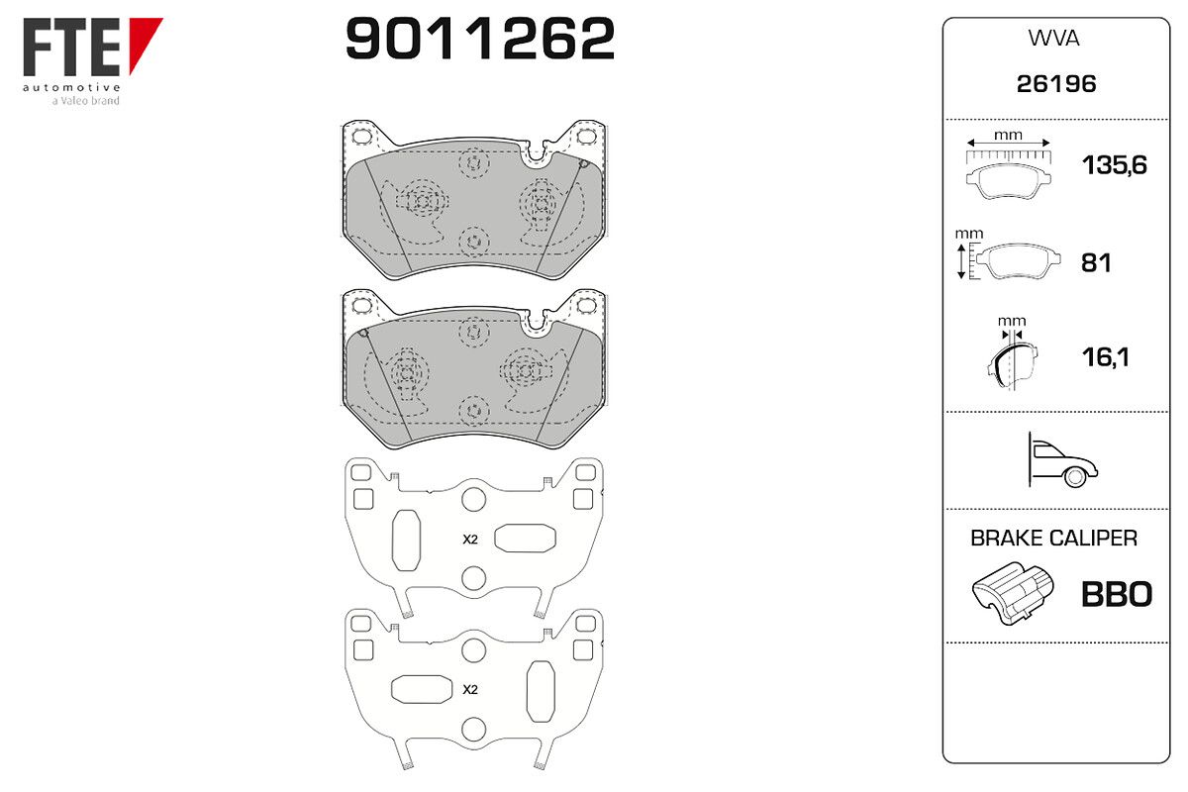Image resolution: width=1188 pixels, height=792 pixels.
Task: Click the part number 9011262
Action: pyautogui.click(x=480, y=39)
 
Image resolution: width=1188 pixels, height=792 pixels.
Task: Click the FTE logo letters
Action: pyautogui.click(x=71, y=47)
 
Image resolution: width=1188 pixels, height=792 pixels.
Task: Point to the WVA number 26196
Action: pyautogui.click(x=1056, y=84)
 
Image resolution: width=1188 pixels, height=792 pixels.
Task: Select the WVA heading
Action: pyautogui.click(x=1053, y=39)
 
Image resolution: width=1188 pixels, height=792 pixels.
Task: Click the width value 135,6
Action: pyautogui.click(x=1115, y=165)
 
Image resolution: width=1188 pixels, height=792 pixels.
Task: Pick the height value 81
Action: pyautogui.click(x=1096, y=263)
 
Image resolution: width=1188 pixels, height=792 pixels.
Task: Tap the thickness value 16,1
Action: pyautogui.click(x=1105, y=357)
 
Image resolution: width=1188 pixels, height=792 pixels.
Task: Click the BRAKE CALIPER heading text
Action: pyautogui.click(x=1053, y=538)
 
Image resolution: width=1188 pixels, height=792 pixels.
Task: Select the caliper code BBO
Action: pyautogui.click(x=1117, y=594)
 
